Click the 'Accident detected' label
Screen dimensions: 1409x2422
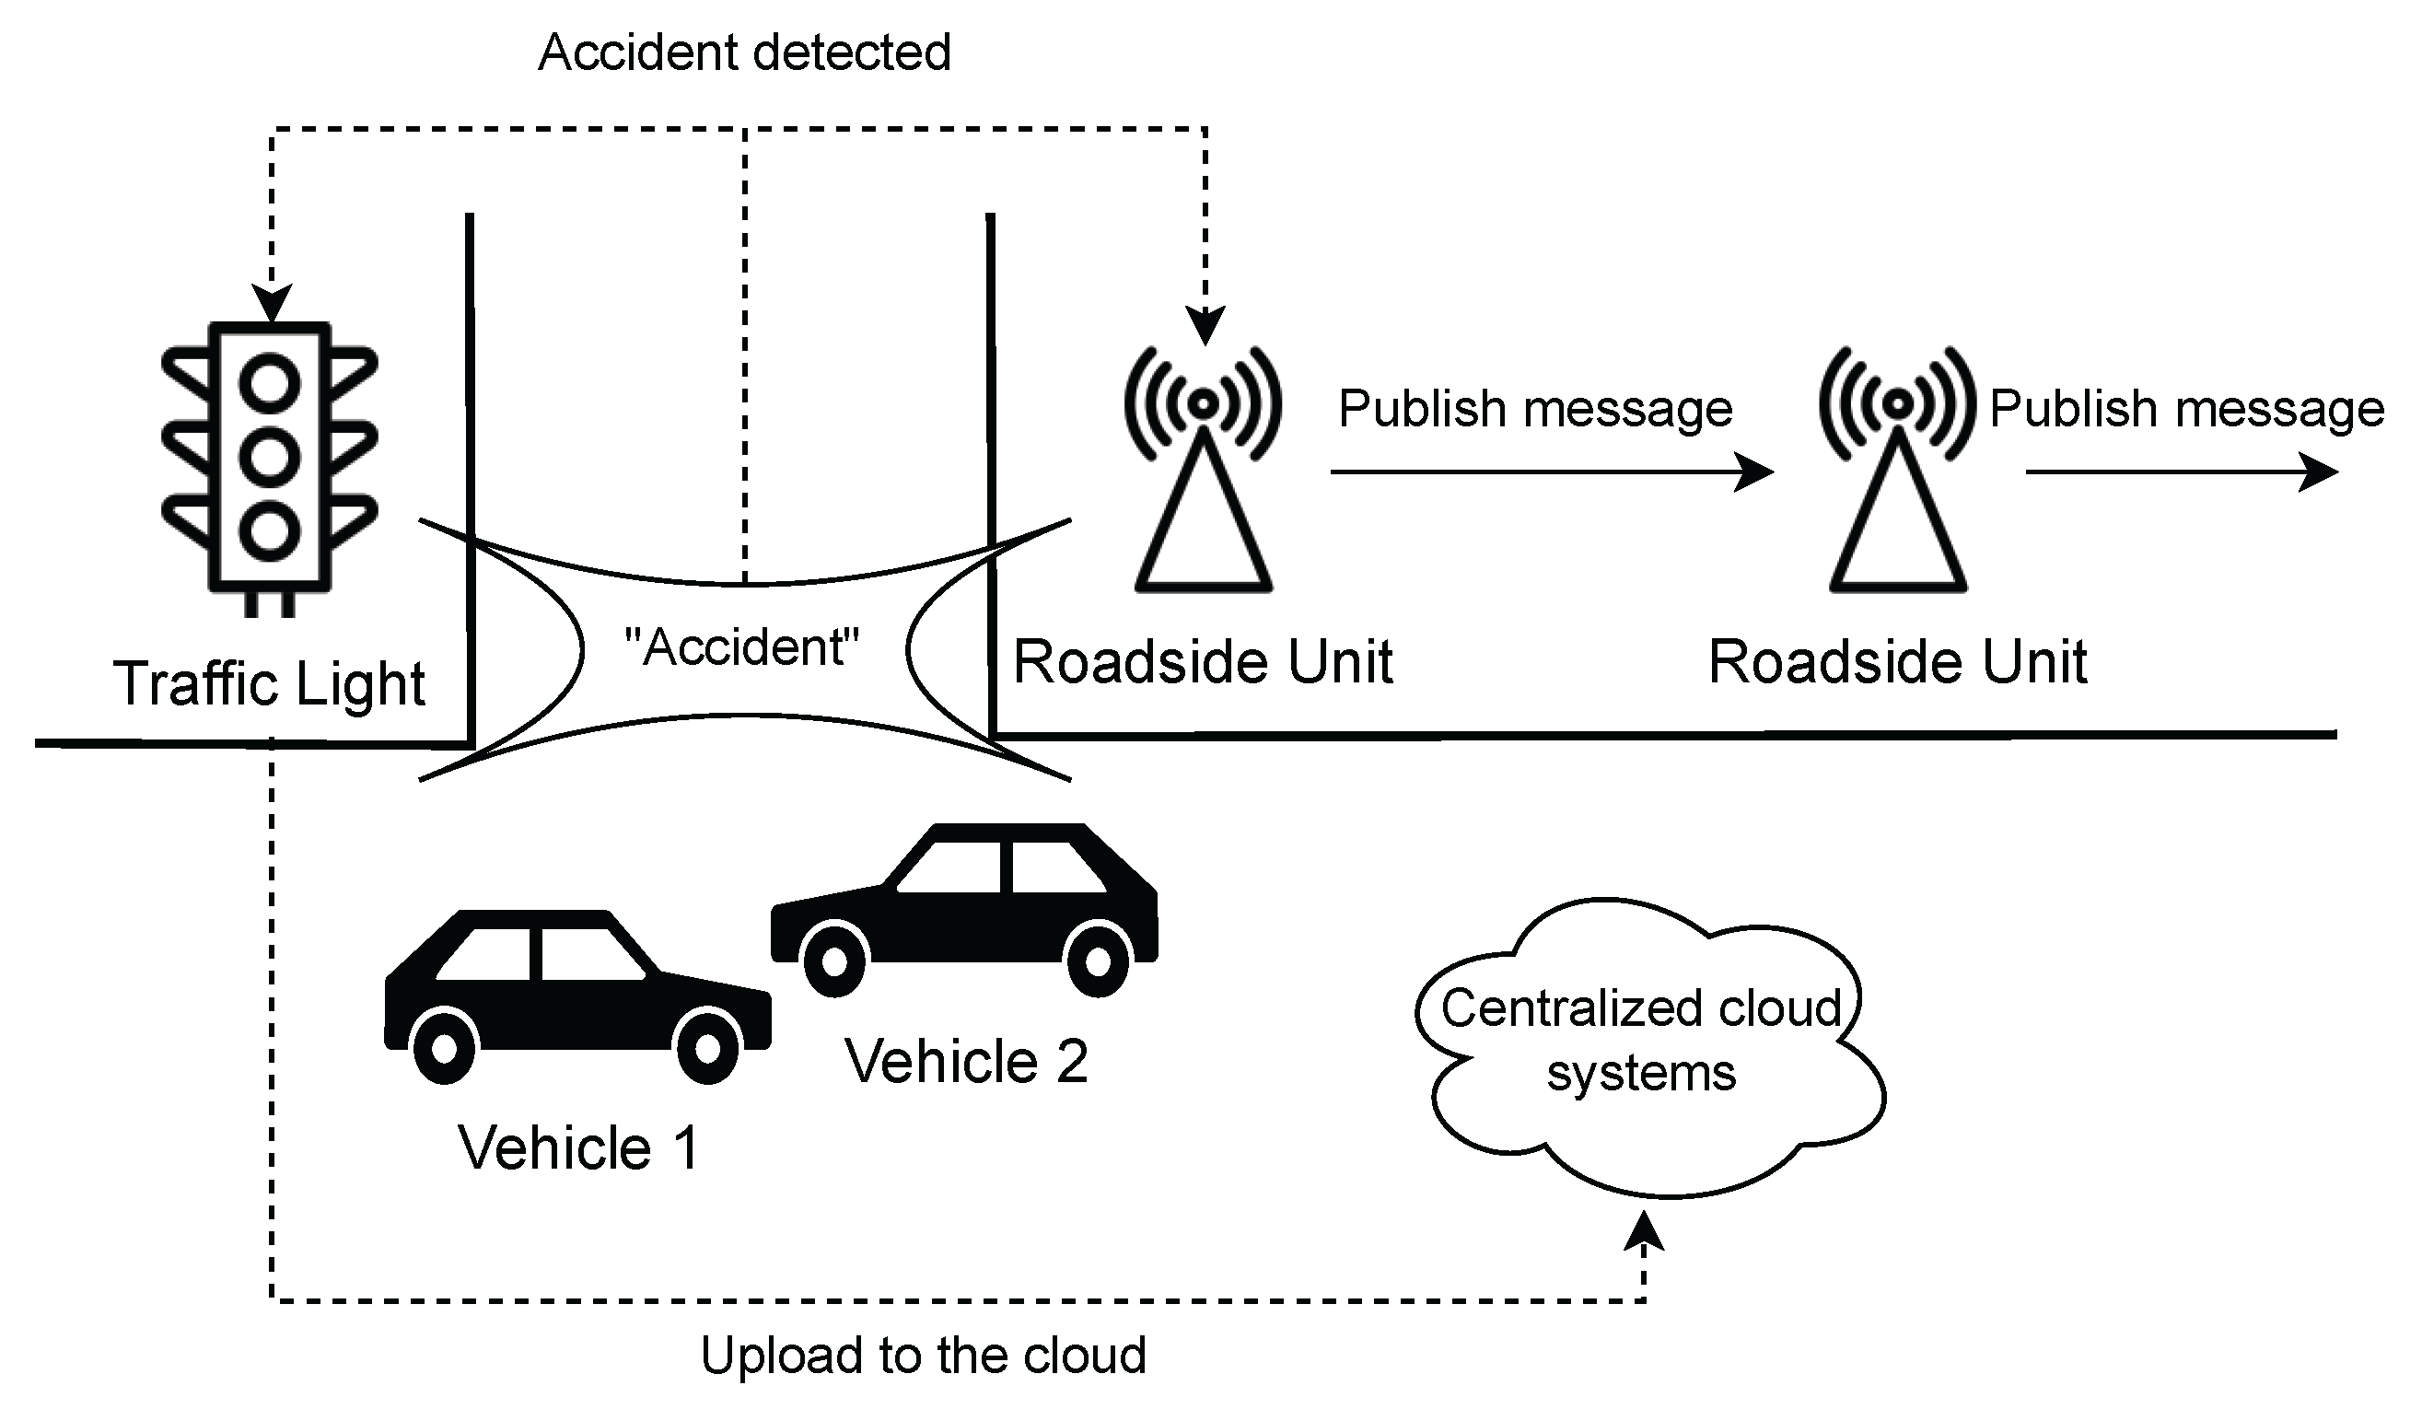pos(744,52)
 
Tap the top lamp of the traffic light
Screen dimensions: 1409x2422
pos(269,382)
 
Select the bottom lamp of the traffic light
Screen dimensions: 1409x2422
pos(269,530)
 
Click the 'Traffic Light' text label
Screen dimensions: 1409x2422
pos(269,684)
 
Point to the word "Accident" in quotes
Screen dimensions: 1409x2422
pos(742,647)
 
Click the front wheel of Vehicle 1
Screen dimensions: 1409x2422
pos(707,1050)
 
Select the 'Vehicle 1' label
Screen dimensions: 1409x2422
pos(578,1147)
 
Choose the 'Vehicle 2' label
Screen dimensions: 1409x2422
pos(966,1062)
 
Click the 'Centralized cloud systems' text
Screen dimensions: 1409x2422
pos(1641,1041)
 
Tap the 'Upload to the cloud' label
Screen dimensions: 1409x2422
pos(923,1356)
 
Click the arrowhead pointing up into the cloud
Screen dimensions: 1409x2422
pos(1644,1232)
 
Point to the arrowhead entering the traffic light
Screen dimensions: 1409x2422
pos(271,304)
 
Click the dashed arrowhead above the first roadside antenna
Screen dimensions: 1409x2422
pos(1205,325)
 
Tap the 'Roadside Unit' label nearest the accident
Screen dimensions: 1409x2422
pos(1203,662)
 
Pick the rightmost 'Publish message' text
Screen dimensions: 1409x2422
pos(2186,409)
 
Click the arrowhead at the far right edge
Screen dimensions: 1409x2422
pos(2321,472)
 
